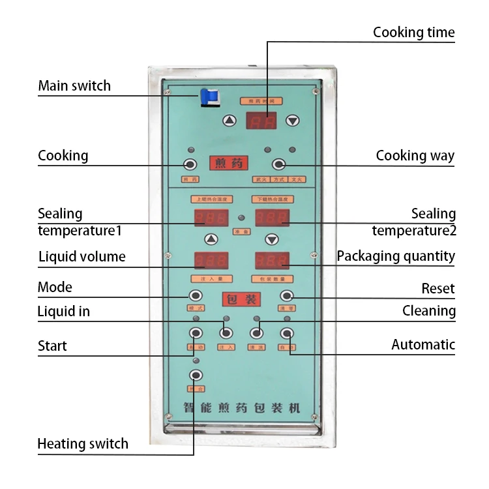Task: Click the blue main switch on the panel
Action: coord(210,97)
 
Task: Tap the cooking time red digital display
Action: coord(261,121)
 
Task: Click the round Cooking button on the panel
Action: coord(190,164)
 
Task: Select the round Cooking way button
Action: coord(278,164)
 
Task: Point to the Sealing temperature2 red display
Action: coord(271,218)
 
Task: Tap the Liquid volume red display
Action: coord(211,261)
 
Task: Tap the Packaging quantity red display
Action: coord(271,261)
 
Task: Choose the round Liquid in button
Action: coord(226,333)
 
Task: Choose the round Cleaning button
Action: coord(256,333)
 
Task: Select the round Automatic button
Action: coord(287,333)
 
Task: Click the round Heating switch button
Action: coord(195,375)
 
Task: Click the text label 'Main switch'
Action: coord(74,86)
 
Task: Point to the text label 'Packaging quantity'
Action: coord(396,256)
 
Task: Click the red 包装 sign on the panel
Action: coord(241,299)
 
